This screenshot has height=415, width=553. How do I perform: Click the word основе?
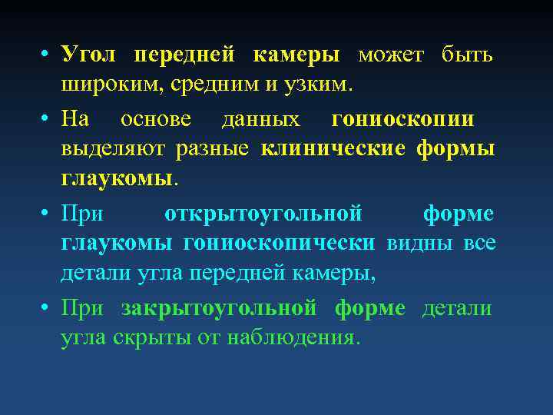tap(159, 121)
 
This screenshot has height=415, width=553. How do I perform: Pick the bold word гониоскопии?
tap(403, 121)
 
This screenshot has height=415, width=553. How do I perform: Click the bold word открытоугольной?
tap(263, 213)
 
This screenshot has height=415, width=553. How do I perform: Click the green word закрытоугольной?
tap(219, 309)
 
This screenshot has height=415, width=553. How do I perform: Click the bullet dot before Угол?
tap(47, 56)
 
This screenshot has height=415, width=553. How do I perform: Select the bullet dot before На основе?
tap(47, 121)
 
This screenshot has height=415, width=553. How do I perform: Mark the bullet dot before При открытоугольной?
tap(47, 214)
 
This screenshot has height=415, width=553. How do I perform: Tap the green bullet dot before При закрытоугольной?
tap(47, 309)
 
